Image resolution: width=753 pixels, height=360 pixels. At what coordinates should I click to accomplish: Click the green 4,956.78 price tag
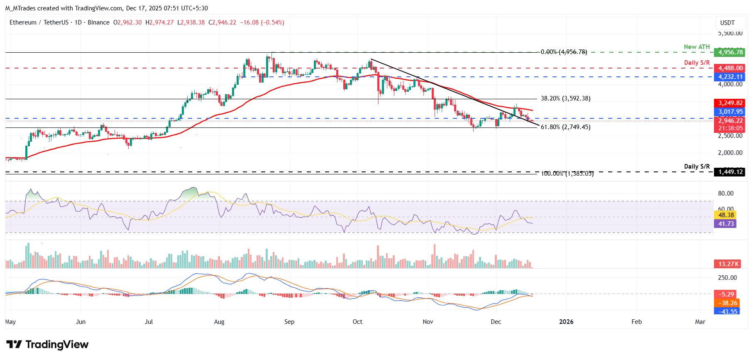point(730,52)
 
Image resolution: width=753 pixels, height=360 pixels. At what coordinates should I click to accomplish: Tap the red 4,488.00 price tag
point(730,68)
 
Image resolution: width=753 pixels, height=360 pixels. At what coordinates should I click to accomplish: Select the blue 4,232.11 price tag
point(730,77)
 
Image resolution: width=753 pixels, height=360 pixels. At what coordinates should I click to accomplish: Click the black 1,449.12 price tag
point(730,172)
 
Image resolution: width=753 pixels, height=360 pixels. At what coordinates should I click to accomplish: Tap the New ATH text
point(697,47)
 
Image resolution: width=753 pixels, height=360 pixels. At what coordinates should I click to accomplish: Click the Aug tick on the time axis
point(219,322)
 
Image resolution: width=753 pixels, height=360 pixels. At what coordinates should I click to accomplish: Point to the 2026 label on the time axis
point(566,322)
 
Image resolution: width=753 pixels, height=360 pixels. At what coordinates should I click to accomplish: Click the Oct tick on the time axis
point(357,322)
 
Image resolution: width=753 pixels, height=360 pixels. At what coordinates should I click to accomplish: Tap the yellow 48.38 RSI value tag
point(726,215)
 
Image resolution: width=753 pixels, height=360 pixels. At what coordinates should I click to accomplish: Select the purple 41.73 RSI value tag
point(726,224)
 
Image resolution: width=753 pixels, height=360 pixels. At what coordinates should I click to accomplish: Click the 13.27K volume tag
point(729,264)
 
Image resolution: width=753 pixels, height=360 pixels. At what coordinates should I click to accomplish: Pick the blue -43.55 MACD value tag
point(727,311)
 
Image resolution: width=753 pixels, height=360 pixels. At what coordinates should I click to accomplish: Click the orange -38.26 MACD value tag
point(727,303)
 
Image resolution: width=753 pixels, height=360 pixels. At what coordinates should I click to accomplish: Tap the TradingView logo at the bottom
point(47,345)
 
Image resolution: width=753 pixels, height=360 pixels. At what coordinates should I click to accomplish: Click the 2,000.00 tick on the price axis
point(730,153)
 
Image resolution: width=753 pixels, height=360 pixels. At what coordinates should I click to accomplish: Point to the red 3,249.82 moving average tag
point(730,103)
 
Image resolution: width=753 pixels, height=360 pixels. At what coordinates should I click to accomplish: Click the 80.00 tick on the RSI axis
point(726,193)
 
